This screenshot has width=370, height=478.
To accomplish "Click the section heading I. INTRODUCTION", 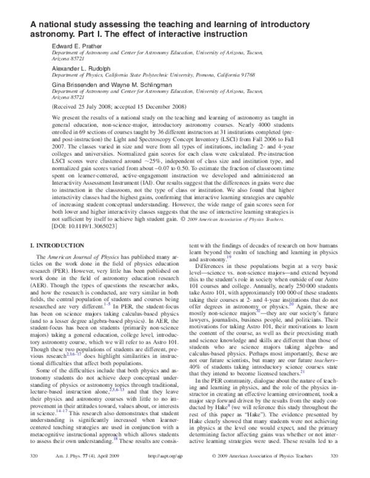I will point(55,246).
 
